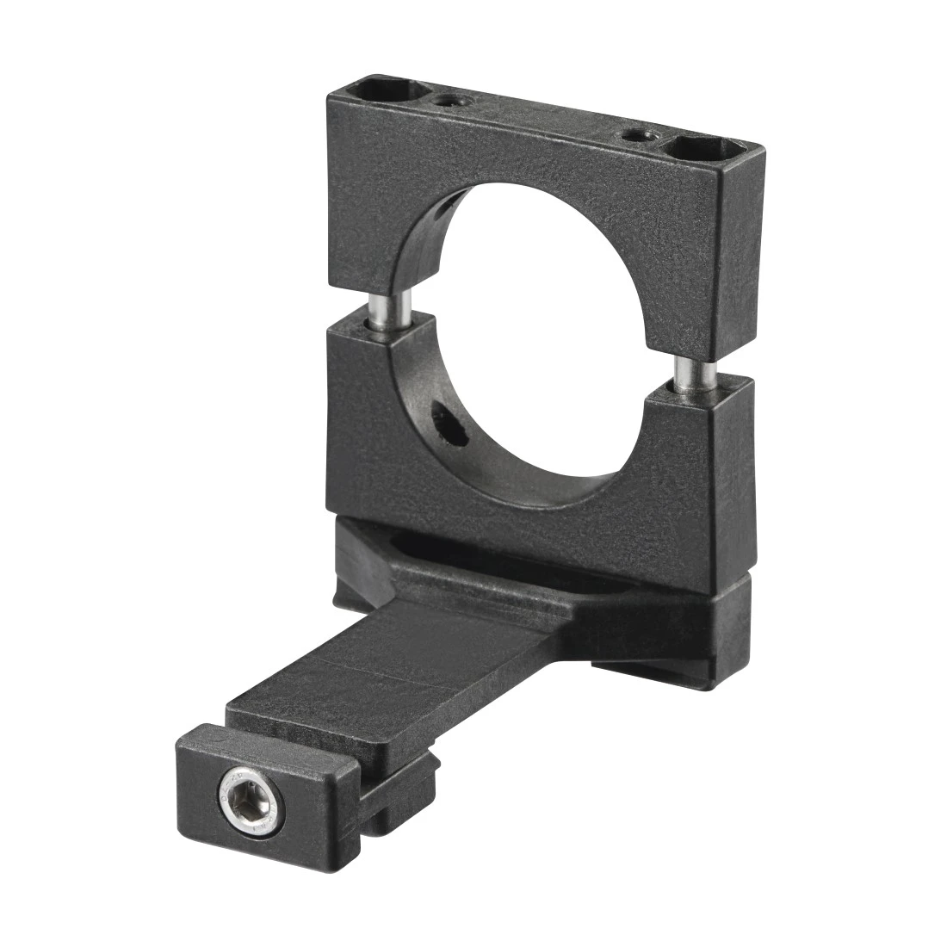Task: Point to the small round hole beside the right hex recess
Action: pos(637,135)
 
